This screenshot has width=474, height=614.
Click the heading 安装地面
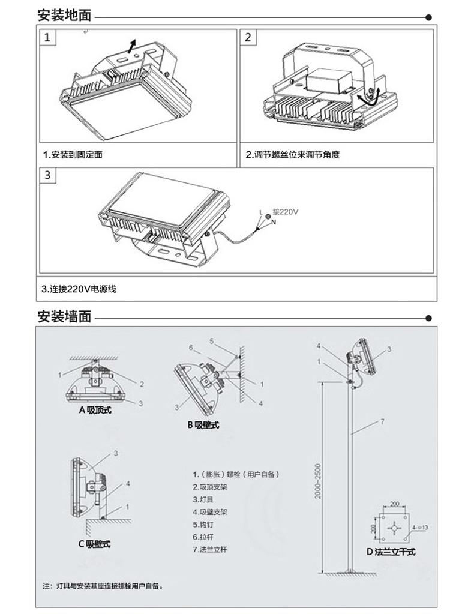point(64,16)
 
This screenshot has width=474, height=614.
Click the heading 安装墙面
point(64,316)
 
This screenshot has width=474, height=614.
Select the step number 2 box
point(249,38)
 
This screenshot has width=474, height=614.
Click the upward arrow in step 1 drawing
point(133,44)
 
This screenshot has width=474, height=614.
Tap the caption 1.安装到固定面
point(73,155)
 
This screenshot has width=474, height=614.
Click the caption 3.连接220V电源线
point(79,289)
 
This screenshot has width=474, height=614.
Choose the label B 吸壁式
point(203,425)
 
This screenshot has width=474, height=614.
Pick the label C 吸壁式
point(95,544)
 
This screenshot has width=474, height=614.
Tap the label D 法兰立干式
point(391,552)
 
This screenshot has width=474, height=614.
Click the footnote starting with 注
point(103,585)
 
